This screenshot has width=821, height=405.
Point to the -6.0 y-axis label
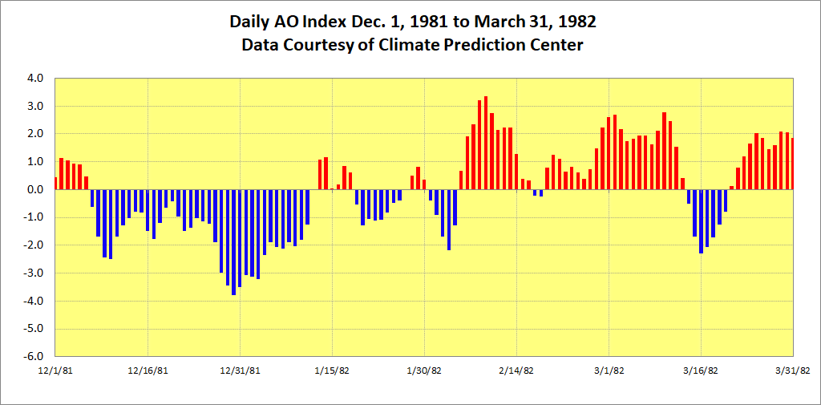40,357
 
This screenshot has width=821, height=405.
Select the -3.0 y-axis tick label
40,273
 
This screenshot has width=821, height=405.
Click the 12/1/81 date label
56,371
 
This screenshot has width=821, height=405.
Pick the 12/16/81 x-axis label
148,371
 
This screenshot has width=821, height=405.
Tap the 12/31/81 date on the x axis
240,371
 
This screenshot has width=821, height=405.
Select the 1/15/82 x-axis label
332,371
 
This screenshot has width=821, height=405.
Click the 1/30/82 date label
424,371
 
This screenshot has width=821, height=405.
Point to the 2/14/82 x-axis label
516,371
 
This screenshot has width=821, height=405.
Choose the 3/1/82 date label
609,371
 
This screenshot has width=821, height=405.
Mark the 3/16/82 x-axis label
701,371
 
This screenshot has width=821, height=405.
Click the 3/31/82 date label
792,371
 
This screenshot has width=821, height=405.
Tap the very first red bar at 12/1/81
55,184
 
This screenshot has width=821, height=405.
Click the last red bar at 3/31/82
792,164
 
